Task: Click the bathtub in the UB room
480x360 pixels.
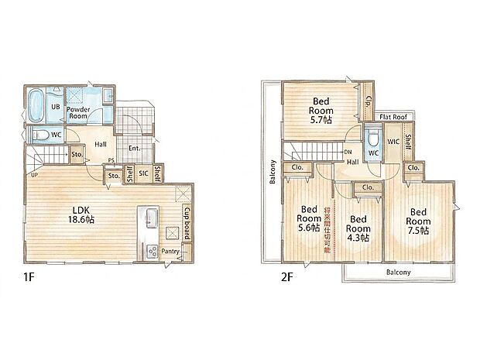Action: click(36, 106)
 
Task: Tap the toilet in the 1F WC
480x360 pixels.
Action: click(39, 135)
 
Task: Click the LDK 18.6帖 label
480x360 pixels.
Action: click(81, 214)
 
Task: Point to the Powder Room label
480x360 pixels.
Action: click(78, 113)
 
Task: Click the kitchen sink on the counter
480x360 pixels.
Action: click(152, 218)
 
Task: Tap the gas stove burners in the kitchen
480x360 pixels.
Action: click(152, 252)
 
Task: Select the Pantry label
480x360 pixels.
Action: click(170, 252)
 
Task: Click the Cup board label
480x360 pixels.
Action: click(187, 224)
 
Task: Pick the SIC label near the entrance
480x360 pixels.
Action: click(143, 173)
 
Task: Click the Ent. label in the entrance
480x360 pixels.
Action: click(134, 149)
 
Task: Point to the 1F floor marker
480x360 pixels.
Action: click(28, 277)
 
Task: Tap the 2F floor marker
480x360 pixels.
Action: click(286, 277)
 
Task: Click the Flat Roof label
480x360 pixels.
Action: click(393, 117)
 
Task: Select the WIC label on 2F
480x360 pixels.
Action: click(393, 142)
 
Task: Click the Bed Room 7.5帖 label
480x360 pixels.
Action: click(418, 221)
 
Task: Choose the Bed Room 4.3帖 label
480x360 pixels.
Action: click(358, 228)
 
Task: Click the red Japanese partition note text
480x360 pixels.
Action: click(327, 230)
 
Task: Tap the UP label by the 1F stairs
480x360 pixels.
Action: click(35, 175)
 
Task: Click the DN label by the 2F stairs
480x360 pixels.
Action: click(348, 152)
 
